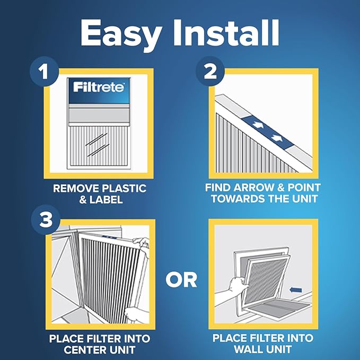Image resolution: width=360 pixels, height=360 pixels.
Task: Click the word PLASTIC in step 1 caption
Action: tap(120, 189)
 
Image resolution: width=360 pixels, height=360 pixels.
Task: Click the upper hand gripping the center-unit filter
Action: tap(141, 242)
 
